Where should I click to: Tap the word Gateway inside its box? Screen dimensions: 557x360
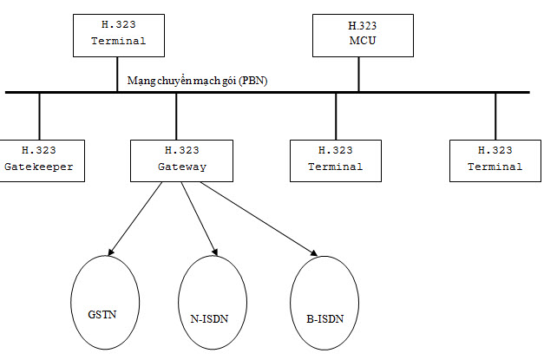[182, 167]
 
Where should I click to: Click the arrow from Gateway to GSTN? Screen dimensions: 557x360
[135, 219]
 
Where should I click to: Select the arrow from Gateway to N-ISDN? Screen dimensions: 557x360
[200, 219]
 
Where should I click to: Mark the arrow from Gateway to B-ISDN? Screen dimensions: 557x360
[259, 219]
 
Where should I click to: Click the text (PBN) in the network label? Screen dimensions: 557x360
[253, 81]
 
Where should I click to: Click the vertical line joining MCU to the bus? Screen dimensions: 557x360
[358, 75]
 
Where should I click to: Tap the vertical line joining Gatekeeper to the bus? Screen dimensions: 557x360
[39, 117]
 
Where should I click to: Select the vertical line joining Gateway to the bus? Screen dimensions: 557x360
[176, 117]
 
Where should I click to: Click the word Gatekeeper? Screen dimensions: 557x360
[39, 167]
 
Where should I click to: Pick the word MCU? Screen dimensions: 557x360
[363, 41]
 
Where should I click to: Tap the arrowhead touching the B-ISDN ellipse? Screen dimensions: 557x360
[314, 252]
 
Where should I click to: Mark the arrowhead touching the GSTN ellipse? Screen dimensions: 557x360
[110, 252]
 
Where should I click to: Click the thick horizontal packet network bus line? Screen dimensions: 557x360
[267, 92]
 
